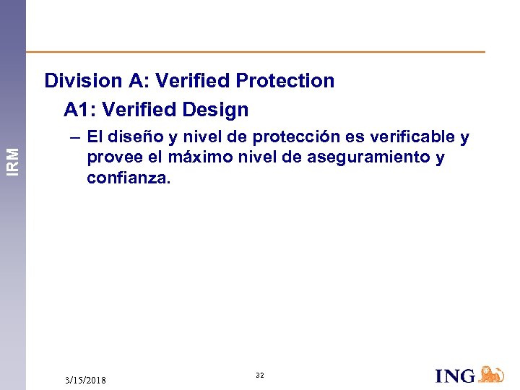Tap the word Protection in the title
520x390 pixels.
(x=288, y=81)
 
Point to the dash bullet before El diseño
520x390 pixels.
(x=75, y=136)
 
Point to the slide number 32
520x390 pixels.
(x=260, y=376)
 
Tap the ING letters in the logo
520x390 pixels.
(x=455, y=376)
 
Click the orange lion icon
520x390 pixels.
(x=491, y=374)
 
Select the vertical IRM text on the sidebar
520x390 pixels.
(x=13, y=159)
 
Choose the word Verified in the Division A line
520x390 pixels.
(x=191, y=81)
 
